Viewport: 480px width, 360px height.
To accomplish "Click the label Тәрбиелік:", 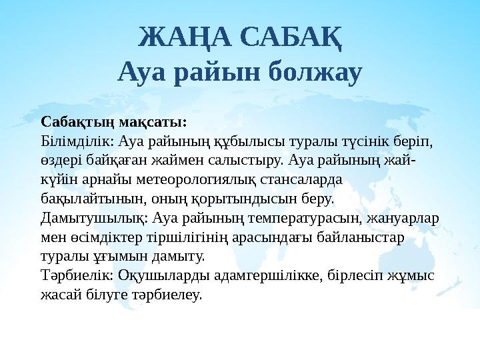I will (76, 275).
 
